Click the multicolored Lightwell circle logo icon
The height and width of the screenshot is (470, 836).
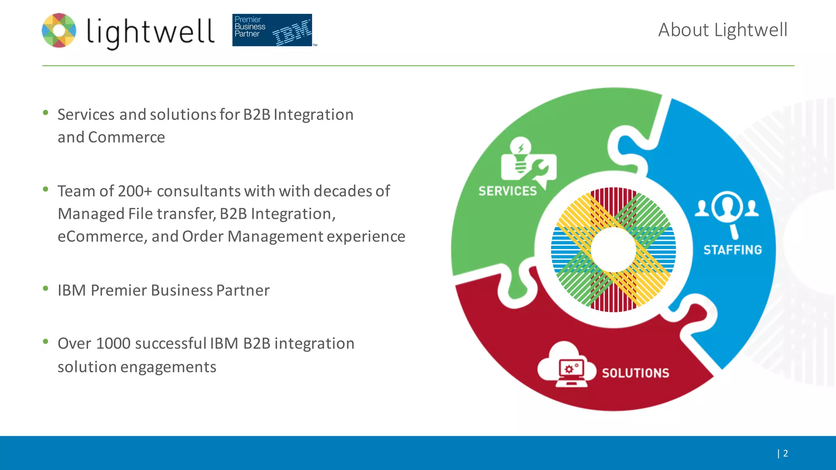pyautogui.click(x=59, y=31)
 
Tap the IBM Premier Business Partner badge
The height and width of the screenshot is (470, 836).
pyautogui.click(x=272, y=30)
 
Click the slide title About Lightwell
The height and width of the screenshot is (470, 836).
pyautogui.click(x=723, y=30)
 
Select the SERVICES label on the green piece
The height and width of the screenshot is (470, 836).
pyautogui.click(x=507, y=191)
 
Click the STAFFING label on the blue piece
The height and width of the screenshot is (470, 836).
pyautogui.click(x=733, y=250)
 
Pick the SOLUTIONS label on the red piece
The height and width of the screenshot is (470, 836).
pyautogui.click(x=636, y=373)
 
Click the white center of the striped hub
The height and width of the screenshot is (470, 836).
pyautogui.click(x=613, y=249)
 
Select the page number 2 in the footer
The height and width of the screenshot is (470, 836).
pyautogui.click(x=785, y=453)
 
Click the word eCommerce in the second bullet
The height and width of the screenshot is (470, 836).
pyautogui.click(x=102, y=237)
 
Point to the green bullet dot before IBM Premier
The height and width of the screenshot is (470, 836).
pyautogui.click(x=46, y=289)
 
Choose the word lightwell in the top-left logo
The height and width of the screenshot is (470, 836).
pyautogui.click(x=150, y=32)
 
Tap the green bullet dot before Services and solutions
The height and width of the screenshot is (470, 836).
pyautogui.click(x=46, y=113)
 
